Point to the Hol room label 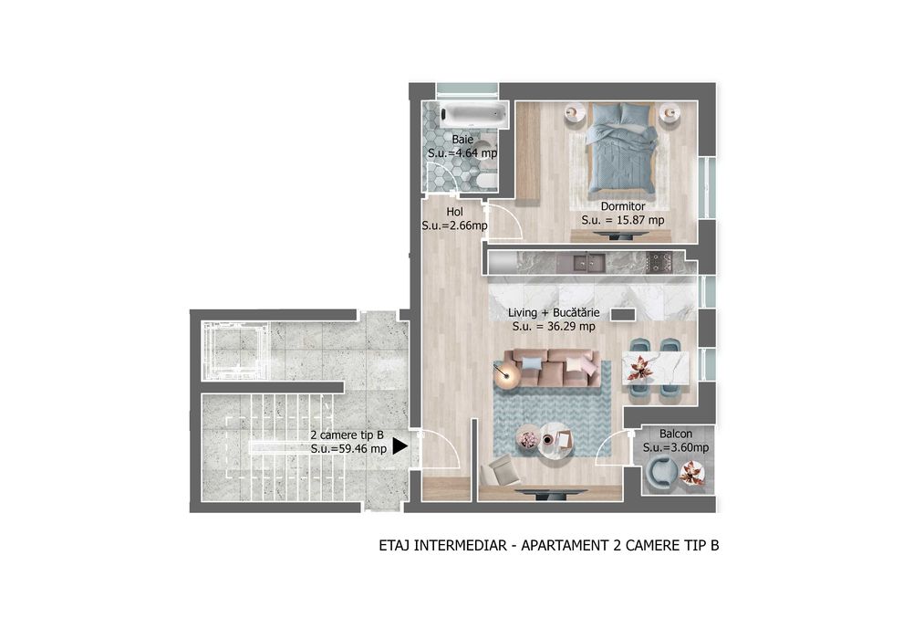(x=455, y=212)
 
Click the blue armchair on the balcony (x=660, y=472)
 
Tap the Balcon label (x=676, y=435)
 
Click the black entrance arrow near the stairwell (x=399, y=447)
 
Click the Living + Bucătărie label (x=554, y=312)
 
